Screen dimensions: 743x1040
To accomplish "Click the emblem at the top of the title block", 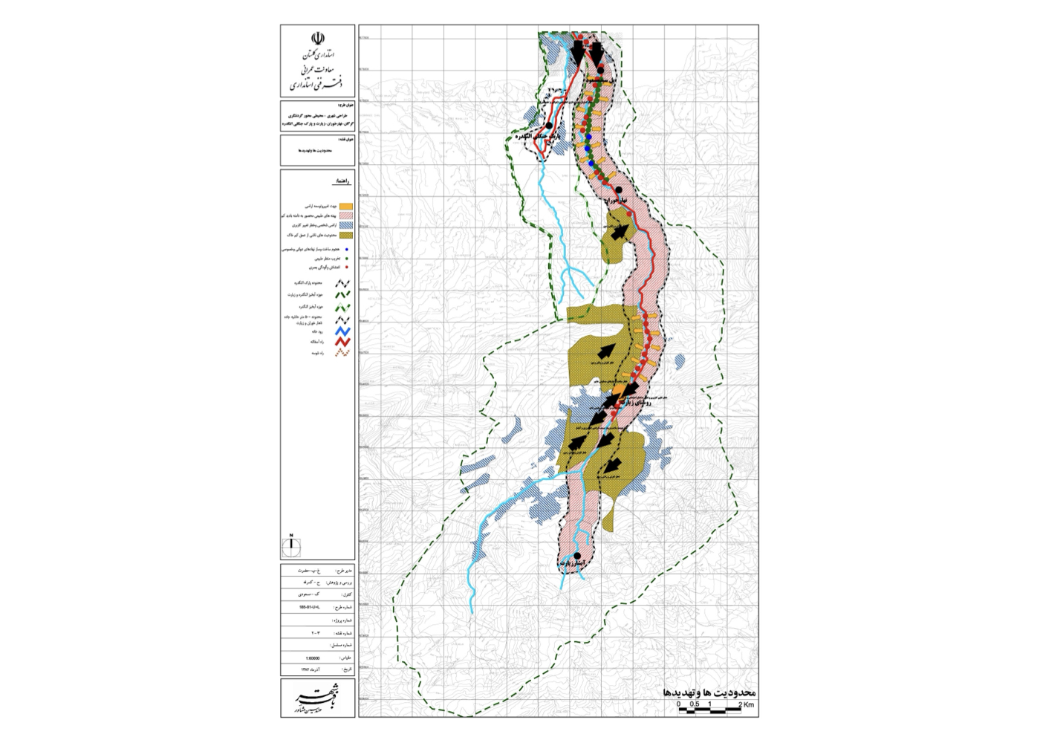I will [x=318, y=38].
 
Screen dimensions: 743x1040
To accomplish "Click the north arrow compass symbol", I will [x=291, y=546].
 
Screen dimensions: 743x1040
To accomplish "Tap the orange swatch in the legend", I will [x=346, y=206].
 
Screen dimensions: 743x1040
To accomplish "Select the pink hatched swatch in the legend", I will [x=346, y=215].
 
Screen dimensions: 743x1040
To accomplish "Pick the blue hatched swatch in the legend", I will [x=346, y=225].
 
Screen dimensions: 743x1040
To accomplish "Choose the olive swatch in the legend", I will [x=346, y=235].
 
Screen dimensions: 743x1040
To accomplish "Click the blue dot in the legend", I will [x=347, y=250].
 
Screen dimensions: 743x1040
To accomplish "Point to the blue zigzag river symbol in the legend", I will [x=342, y=331].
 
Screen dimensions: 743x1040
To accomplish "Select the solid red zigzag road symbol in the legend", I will [x=342, y=342].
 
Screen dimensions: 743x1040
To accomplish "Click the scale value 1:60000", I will [x=313, y=658].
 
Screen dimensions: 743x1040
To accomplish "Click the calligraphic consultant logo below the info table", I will [x=318, y=698].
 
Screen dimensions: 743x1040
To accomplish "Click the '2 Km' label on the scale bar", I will [x=746, y=704].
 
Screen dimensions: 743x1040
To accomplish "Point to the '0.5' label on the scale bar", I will [x=694, y=704].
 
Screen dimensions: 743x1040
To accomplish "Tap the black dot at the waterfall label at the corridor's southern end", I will [x=577, y=556].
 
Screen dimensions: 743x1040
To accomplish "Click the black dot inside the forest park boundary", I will [x=549, y=126].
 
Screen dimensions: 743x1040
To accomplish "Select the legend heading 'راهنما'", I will [x=342, y=181].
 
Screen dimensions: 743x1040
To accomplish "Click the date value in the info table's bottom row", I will [x=311, y=669].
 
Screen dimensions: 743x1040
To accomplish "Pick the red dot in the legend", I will [x=347, y=267].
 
